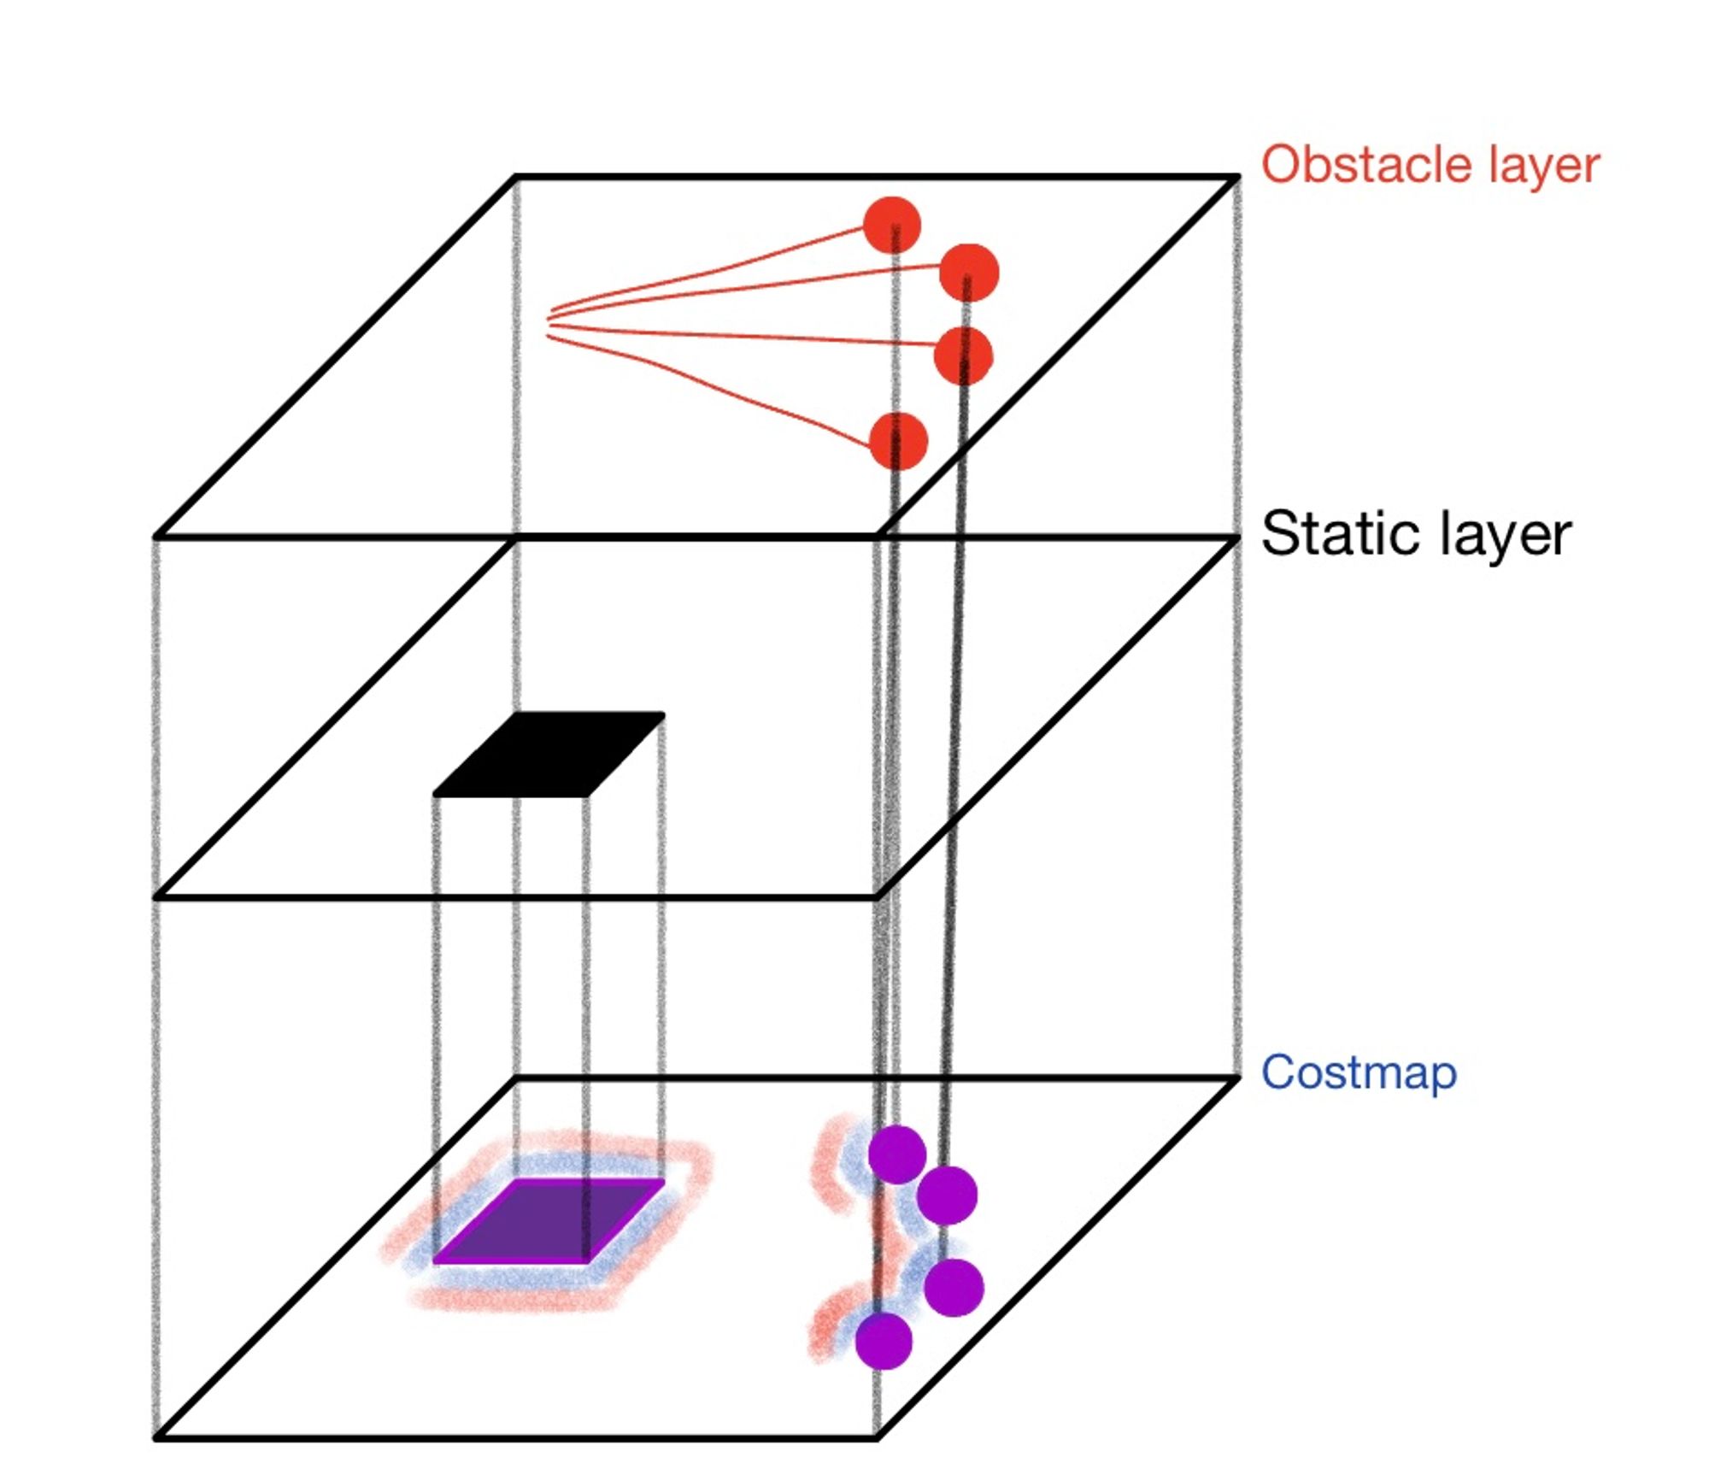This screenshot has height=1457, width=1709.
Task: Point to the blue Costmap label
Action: click(x=1359, y=1073)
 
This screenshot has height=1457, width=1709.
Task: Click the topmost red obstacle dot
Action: click(x=891, y=226)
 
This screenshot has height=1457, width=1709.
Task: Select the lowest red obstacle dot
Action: click(x=897, y=441)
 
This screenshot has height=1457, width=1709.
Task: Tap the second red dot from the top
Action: click(x=968, y=273)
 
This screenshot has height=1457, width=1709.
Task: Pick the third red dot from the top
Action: click(x=963, y=355)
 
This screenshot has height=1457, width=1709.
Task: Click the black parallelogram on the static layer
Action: click(x=549, y=755)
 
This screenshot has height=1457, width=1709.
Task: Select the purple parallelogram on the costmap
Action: click(x=549, y=1222)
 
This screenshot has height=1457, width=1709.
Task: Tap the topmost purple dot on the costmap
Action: click(x=896, y=1154)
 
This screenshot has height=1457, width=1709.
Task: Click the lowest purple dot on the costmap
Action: click(x=884, y=1341)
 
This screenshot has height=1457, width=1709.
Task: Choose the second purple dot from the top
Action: click(x=947, y=1195)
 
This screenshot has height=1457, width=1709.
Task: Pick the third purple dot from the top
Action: click(x=953, y=1287)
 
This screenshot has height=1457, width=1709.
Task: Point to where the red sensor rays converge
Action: click(x=549, y=322)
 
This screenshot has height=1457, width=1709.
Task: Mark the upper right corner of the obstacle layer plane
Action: click(x=1237, y=178)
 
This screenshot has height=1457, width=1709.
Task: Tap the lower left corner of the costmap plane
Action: click(x=156, y=1438)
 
